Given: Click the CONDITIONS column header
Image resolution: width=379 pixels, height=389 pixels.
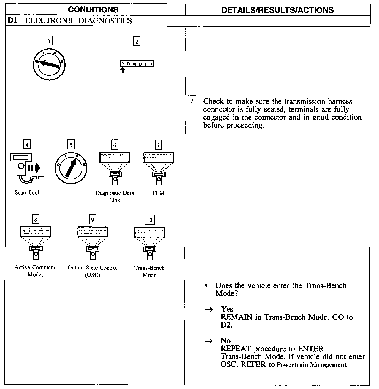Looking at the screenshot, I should pyautogui.click(x=93, y=10).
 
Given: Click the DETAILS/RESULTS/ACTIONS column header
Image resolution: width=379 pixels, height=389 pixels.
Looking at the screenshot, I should pyautogui.click(x=277, y=10).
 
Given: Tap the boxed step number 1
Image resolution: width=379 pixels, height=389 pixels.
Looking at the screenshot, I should pyautogui.click(x=49, y=41).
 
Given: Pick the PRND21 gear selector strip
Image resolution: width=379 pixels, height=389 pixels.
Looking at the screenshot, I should pyautogui.click(x=137, y=64).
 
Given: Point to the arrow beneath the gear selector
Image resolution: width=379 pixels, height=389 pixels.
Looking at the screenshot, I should pyautogui.click(x=123, y=70).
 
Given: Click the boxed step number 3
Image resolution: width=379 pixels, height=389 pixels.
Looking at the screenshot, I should pyautogui.click(x=192, y=101).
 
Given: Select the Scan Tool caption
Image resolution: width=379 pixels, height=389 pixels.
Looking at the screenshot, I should pyautogui.click(x=27, y=193).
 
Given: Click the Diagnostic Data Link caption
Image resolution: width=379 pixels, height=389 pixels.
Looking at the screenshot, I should pyautogui.click(x=115, y=196).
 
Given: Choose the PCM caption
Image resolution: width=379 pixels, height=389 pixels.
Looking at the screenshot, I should pyautogui.click(x=158, y=193).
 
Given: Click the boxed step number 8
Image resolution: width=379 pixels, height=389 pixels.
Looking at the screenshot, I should pyautogui.click(x=36, y=220).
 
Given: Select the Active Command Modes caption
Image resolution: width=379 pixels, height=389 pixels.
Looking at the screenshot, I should pyautogui.click(x=36, y=271).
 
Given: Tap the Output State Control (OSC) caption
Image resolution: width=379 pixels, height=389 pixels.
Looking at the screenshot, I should pyautogui.click(x=92, y=271).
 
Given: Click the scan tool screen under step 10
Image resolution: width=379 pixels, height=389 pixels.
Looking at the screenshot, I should pyautogui.click(x=150, y=232).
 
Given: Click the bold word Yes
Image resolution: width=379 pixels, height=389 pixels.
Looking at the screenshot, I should pyautogui.click(x=227, y=309).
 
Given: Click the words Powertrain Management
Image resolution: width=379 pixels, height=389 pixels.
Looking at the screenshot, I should pyautogui.click(x=311, y=365).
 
